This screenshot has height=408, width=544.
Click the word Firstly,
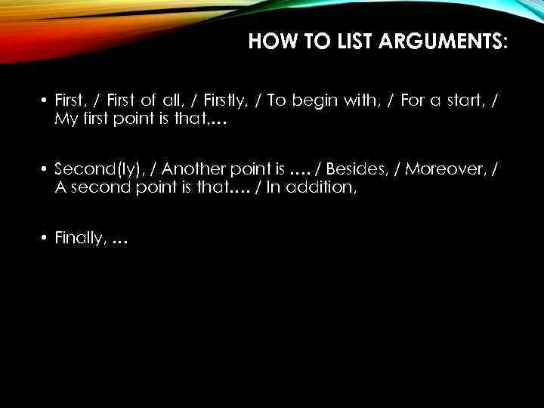tap(225, 102)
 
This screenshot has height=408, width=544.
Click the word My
tap(65, 119)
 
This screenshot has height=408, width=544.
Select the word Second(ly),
tap(99, 170)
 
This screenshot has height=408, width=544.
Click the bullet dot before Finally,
tap(45, 238)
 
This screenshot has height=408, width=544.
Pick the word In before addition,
tap(274, 187)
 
